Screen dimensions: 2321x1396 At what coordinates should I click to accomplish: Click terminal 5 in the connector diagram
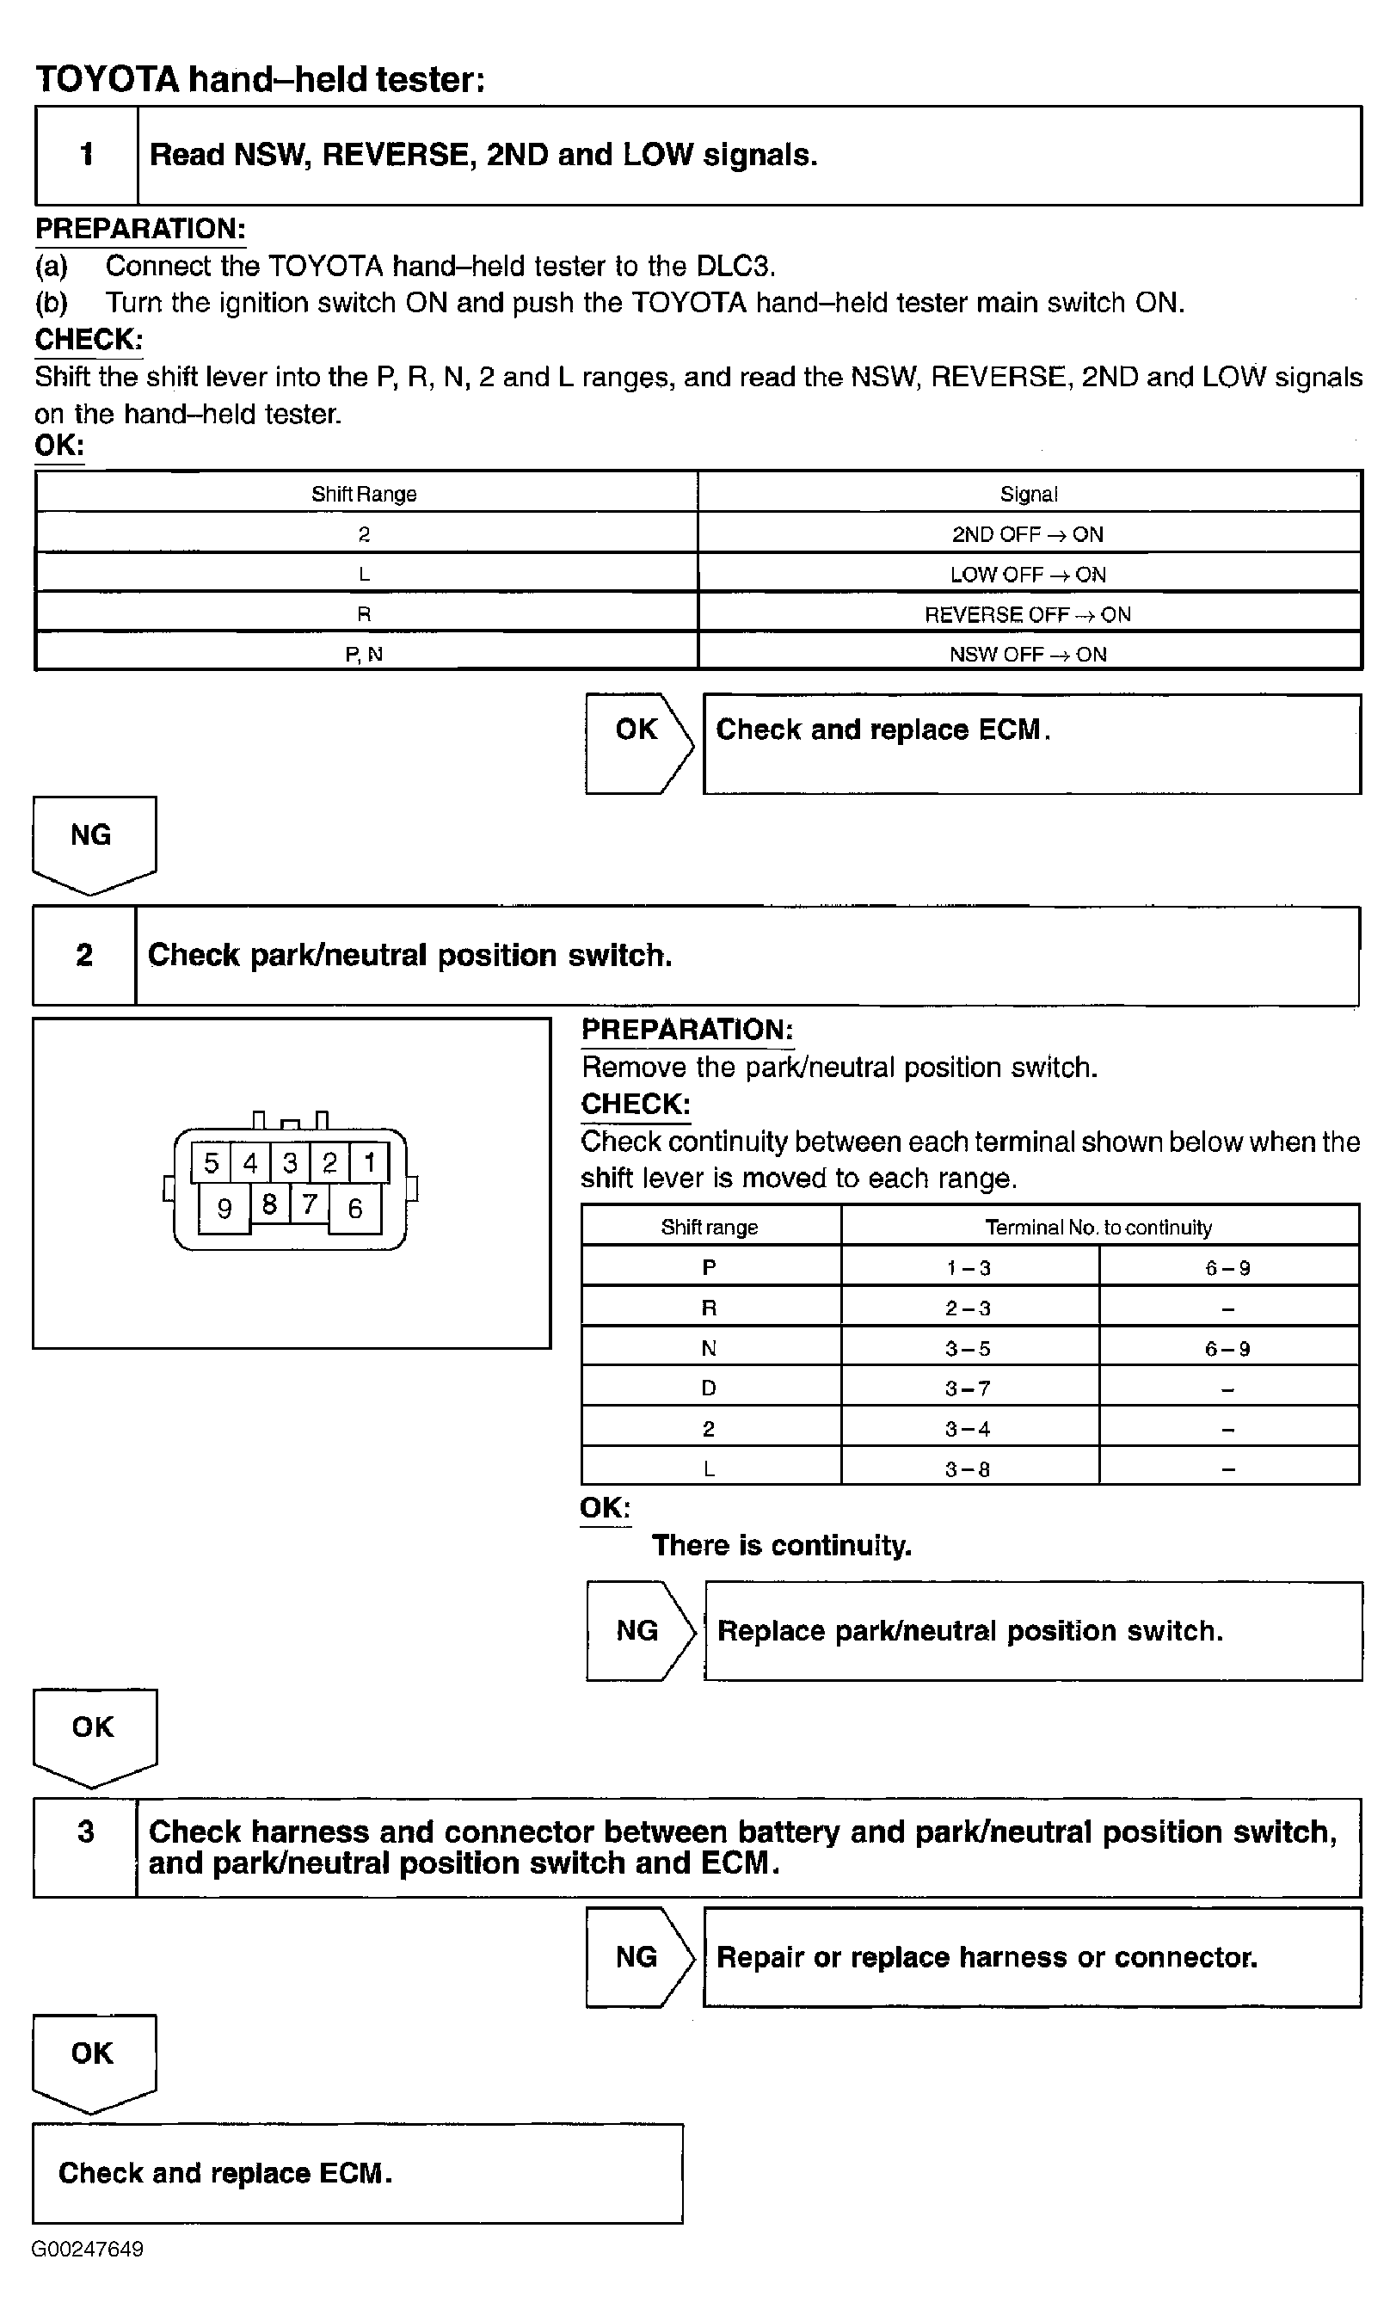coord(211,1163)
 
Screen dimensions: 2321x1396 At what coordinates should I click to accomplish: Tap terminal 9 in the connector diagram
coord(224,1208)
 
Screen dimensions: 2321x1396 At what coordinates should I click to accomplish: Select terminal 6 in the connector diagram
coord(354,1208)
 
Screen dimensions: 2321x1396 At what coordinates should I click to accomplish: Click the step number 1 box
coord(87,155)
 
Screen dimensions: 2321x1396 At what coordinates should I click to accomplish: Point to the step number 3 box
coord(86,1847)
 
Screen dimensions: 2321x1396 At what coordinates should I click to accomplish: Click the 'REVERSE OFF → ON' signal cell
coord(1028,614)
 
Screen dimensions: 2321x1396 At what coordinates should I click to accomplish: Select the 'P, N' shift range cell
coord(364,654)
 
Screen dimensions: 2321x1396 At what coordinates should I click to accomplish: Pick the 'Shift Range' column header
coord(364,494)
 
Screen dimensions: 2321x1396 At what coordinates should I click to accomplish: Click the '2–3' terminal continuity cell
coord(969,1308)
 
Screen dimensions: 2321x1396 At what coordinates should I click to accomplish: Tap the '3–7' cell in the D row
coord(969,1388)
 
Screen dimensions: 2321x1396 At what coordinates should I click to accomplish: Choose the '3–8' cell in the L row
coord(969,1468)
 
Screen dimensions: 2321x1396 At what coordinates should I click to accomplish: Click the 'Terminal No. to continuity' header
coord(1098,1227)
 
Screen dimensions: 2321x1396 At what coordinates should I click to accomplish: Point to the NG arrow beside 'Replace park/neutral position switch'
coord(639,1630)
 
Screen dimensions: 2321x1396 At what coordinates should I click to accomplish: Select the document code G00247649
coord(88,2249)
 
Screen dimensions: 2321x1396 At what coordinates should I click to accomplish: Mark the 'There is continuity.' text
coord(782,1545)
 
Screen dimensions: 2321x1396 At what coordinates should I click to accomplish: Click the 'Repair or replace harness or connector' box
coord(1032,1957)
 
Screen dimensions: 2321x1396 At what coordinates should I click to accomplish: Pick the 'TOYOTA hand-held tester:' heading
coord(261,80)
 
